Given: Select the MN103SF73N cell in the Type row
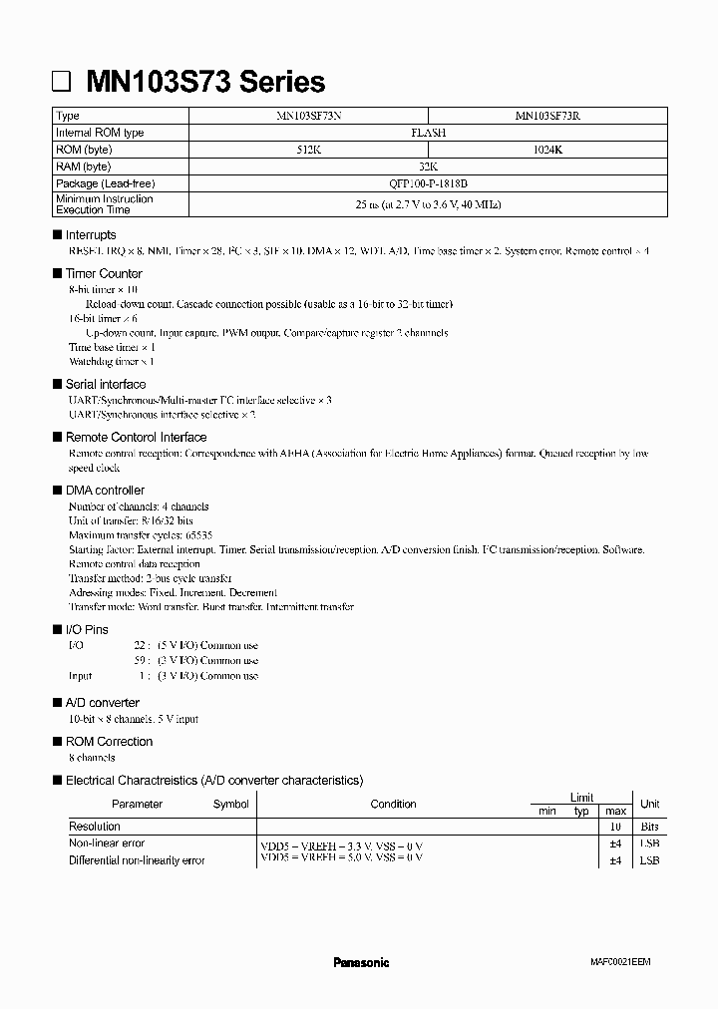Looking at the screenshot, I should (x=308, y=116).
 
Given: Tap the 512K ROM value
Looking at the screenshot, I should (x=308, y=150).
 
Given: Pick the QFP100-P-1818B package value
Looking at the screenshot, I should (x=428, y=183).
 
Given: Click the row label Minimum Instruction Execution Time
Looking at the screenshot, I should (x=105, y=204).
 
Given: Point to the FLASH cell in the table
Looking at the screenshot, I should (x=428, y=133).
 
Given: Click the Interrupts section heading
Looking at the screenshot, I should (x=91, y=235).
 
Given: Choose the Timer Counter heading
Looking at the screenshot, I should (x=104, y=273).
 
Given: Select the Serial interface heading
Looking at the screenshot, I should (x=106, y=384).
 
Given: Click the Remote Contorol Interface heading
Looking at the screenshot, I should (x=136, y=437).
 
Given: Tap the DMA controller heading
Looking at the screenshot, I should (x=105, y=491).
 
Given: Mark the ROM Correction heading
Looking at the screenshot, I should (x=109, y=742).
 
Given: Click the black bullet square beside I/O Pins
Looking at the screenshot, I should (x=56, y=630).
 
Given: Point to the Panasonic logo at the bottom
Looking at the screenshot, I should (x=360, y=962).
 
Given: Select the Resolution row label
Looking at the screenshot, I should (x=94, y=827).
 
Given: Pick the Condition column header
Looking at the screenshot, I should (x=393, y=805).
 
